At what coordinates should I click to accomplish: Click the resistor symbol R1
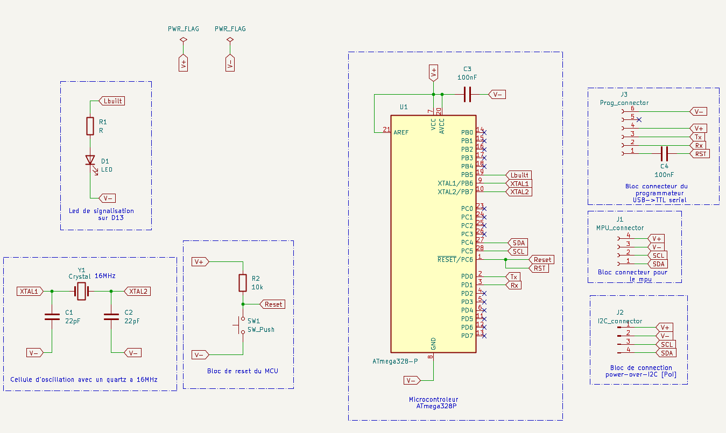[90, 126]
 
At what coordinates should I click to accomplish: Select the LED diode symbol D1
[90, 160]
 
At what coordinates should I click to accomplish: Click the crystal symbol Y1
[81, 291]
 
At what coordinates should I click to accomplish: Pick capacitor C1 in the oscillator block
[52, 316]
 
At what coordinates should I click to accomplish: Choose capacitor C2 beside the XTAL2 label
[111, 316]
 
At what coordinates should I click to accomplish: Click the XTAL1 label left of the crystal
[30, 291]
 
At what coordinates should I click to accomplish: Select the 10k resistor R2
[243, 283]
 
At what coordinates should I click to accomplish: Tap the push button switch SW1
[241, 325]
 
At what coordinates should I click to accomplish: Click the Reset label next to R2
[273, 304]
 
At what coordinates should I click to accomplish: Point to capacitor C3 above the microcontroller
[467, 94]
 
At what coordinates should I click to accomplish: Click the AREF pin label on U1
[401, 132]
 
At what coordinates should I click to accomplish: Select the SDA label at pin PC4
[519, 243]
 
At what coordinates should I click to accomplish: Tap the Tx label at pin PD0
[514, 276]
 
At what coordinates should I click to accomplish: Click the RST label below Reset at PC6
[540, 268]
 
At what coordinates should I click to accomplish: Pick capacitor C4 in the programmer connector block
[664, 153]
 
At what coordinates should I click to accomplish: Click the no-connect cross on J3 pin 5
[638, 119]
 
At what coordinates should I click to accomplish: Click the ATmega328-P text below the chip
[395, 361]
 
